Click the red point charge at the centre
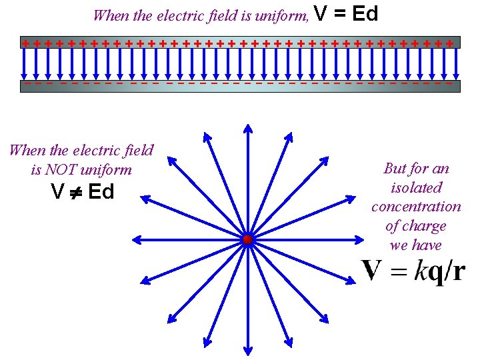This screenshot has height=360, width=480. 247,239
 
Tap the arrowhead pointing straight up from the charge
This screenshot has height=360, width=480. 247,129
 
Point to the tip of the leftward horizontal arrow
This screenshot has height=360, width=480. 136,239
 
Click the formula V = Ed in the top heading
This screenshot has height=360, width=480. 345,13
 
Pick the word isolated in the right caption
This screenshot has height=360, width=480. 417,187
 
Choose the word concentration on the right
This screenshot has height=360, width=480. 416,207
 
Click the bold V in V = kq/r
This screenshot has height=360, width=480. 371,270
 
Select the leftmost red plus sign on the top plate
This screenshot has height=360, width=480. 25,43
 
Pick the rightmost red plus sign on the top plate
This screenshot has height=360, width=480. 451,43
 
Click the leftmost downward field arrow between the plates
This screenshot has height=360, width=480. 25,63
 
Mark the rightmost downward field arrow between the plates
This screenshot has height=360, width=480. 456,63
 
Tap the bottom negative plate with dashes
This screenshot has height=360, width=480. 240,85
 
